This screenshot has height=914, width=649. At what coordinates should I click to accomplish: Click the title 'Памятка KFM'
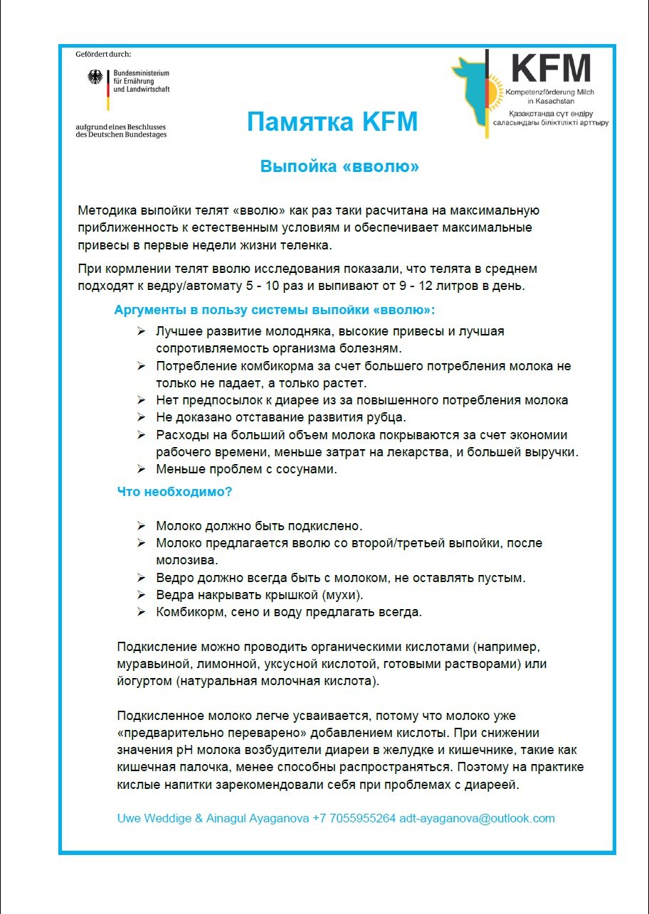(332, 122)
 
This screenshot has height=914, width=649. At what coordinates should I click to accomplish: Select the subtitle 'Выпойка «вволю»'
(339, 167)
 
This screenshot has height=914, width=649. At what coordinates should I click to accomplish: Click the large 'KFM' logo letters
(552, 69)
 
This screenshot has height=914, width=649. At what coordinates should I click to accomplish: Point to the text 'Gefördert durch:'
(104, 55)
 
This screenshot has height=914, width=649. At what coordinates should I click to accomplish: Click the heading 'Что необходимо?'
(174, 491)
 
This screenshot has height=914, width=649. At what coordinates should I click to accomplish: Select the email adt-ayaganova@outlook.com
(477, 818)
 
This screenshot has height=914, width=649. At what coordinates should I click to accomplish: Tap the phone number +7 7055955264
(354, 818)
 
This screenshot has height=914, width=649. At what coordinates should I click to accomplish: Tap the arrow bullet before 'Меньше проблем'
(141, 469)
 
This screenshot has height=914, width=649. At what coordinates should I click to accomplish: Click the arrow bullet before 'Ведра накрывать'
(141, 595)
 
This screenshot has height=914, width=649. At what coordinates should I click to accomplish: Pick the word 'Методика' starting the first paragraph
(106, 210)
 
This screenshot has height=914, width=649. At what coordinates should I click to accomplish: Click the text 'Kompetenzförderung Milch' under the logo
(544, 93)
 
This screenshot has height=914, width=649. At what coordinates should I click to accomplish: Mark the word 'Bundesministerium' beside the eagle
(142, 73)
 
